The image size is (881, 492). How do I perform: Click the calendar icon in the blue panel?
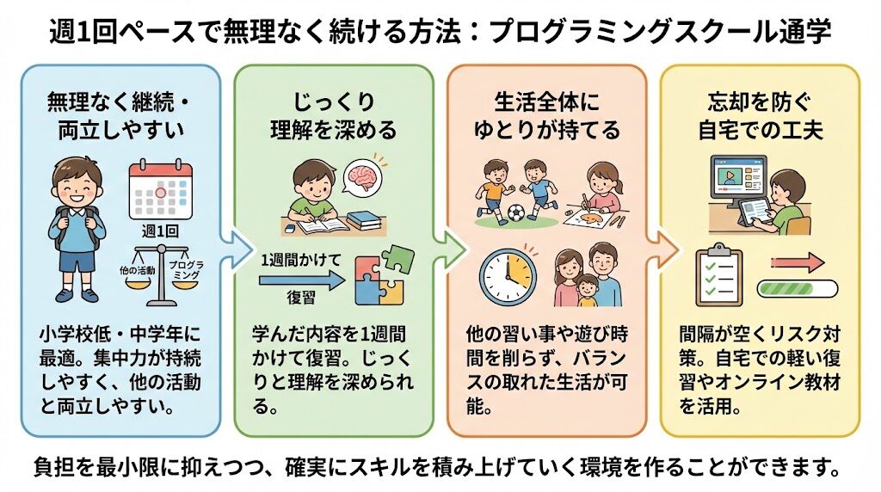(x=161, y=188)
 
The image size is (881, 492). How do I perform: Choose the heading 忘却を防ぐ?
(x=759, y=102)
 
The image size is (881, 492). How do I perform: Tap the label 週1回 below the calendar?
(x=160, y=230)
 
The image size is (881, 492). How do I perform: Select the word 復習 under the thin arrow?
(x=302, y=298)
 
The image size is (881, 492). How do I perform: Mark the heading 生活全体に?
(x=546, y=102)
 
